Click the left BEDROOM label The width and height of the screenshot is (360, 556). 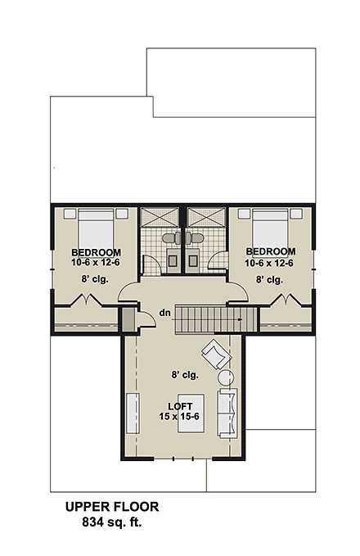coord(96,251)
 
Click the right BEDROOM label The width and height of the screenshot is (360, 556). coord(270,251)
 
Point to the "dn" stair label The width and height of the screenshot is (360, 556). coord(164,312)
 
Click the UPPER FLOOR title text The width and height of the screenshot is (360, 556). coord(113,508)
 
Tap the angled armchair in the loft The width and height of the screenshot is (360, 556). coord(216,355)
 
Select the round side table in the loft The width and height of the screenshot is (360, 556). coord(226,378)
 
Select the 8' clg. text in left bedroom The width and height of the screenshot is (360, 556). coord(96,279)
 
